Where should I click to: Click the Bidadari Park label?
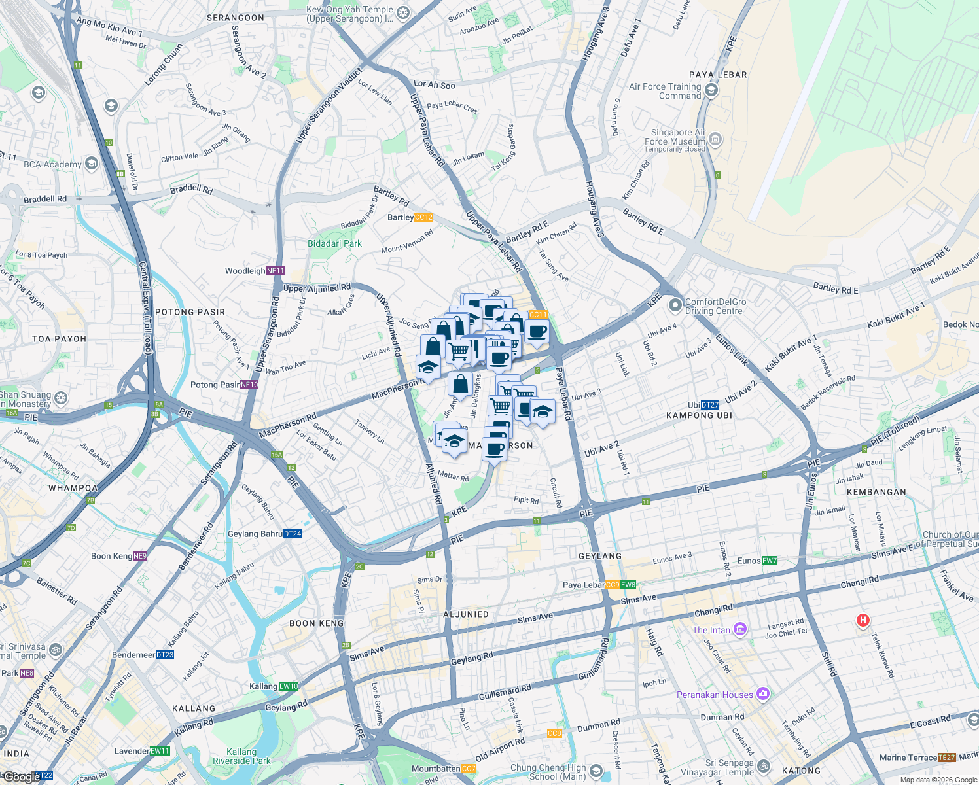pos(334,243)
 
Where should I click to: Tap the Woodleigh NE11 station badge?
pos(276,271)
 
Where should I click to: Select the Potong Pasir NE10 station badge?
pos(249,385)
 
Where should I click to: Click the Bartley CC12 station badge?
pos(423,217)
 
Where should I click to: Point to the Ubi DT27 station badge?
pos(710,405)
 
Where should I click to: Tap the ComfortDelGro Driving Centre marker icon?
pos(675,305)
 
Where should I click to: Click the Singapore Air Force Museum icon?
pos(715,139)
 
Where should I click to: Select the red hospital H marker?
pos(863,620)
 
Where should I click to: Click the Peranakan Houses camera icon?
pos(762,694)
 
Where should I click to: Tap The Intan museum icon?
pos(740,629)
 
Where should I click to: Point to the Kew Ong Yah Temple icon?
pos(404,13)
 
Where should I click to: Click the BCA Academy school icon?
pos(92,164)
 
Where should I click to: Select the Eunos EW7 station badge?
pos(770,561)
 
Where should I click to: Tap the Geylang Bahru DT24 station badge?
pos(293,534)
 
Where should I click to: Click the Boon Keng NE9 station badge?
pos(140,556)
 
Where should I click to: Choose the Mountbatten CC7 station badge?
pos(469,769)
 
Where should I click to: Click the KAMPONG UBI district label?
pos(699,415)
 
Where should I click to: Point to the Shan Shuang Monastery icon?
pos(61,398)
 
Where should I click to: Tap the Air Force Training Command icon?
pos(711,90)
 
